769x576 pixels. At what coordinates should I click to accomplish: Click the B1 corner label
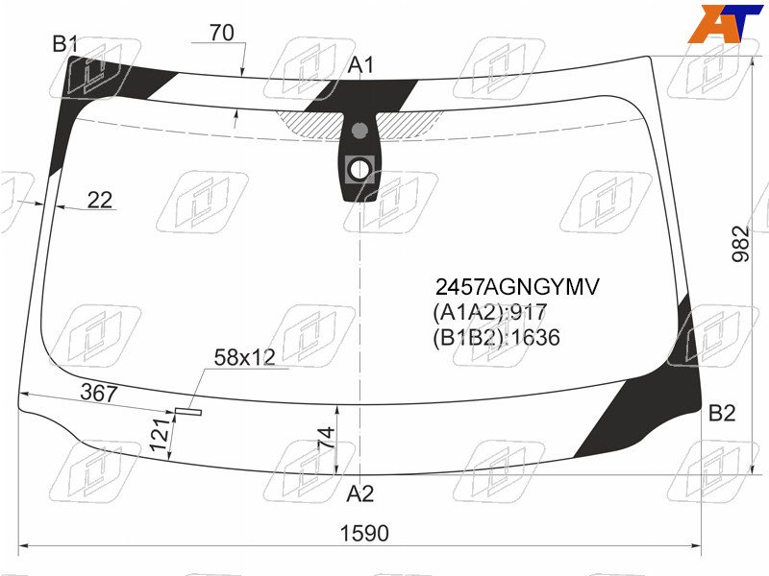[65, 44]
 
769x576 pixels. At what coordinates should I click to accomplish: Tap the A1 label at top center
[360, 65]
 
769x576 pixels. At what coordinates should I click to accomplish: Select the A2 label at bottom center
[360, 493]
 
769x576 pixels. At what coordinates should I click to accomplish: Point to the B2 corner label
[722, 414]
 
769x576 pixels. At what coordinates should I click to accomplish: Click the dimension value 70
[222, 33]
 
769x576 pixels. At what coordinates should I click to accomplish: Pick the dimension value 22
[100, 200]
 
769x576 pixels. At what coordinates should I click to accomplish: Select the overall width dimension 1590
[364, 533]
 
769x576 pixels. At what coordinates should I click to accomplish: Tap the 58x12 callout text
[245, 357]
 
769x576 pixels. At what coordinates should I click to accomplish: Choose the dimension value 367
[99, 393]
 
